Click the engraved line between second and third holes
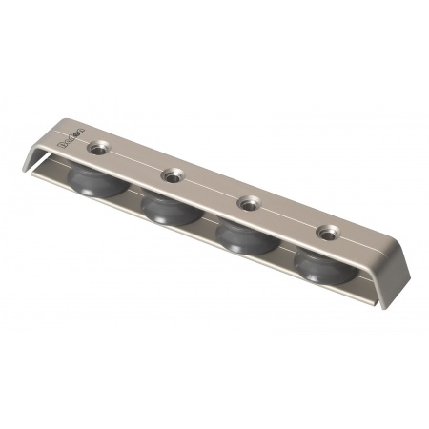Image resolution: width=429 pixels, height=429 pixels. (211, 189)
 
